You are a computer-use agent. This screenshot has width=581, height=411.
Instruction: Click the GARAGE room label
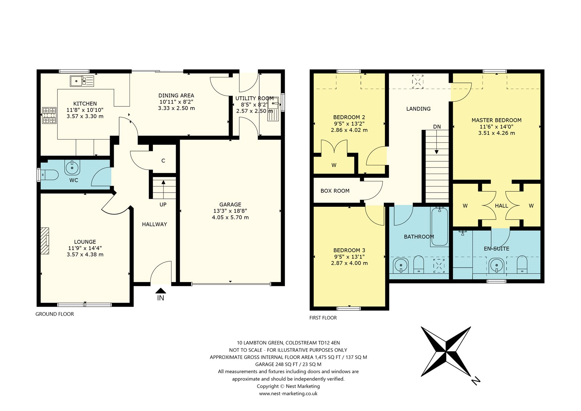(x=230, y=204)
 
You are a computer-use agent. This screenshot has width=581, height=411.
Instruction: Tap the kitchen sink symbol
(x=82, y=81)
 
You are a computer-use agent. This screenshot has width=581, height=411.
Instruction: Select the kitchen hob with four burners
(x=49, y=115)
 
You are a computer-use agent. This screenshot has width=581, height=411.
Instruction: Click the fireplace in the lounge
(x=45, y=241)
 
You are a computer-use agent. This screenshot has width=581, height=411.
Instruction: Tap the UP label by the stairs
(x=163, y=205)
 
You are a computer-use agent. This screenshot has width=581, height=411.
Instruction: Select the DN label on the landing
(x=437, y=127)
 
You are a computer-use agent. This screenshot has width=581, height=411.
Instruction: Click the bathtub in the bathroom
(x=439, y=226)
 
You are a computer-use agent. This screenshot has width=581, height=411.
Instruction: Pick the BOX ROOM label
(x=335, y=191)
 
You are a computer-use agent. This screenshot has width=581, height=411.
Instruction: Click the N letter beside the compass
(x=476, y=381)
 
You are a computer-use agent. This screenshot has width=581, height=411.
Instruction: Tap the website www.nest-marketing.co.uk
(x=288, y=393)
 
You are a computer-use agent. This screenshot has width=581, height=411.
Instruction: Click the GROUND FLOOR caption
(x=55, y=314)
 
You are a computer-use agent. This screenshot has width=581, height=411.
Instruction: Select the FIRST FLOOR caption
(x=323, y=318)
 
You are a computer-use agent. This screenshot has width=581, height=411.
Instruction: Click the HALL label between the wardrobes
(x=501, y=206)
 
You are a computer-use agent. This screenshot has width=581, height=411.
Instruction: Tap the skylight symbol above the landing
(x=418, y=82)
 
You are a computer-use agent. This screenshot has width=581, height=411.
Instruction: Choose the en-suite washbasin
(x=496, y=266)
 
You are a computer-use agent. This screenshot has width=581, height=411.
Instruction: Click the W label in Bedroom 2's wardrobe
(x=334, y=165)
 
